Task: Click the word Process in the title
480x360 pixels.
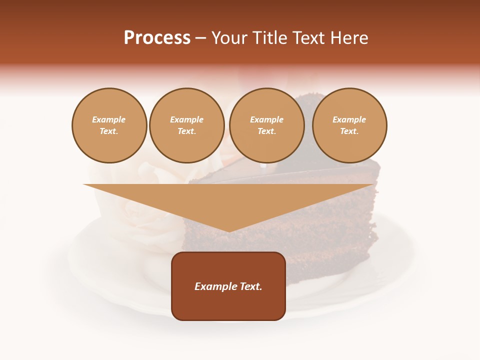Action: (x=157, y=38)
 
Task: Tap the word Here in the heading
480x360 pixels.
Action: (x=349, y=38)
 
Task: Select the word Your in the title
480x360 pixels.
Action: (x=230, y=38)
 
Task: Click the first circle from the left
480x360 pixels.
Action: (x=109, y=125)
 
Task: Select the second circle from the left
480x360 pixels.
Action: (x=187, y=125)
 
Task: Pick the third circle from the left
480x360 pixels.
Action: (x=267, y=125)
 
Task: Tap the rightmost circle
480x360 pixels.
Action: (x=349, y=125)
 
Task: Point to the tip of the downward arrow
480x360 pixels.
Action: (x=229, y=231)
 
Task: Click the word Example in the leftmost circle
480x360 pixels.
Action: (x=109, y=120)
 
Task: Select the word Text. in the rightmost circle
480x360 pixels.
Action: (x=349, y=131)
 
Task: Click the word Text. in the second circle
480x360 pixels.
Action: (x=187, y=131)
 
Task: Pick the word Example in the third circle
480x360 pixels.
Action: (x=267, y=120)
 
